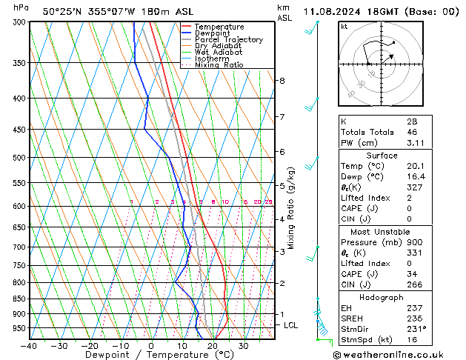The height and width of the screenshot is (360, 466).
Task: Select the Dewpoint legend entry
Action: (216, 33)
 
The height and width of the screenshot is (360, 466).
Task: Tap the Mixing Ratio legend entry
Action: (219, 65)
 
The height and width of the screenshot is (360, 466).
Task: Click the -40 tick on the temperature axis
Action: (30, 345)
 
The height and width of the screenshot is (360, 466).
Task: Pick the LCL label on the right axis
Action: (291, 325)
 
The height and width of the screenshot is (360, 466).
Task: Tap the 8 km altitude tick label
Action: (282, 80)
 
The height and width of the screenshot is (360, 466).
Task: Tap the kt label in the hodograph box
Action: (344, 26)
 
